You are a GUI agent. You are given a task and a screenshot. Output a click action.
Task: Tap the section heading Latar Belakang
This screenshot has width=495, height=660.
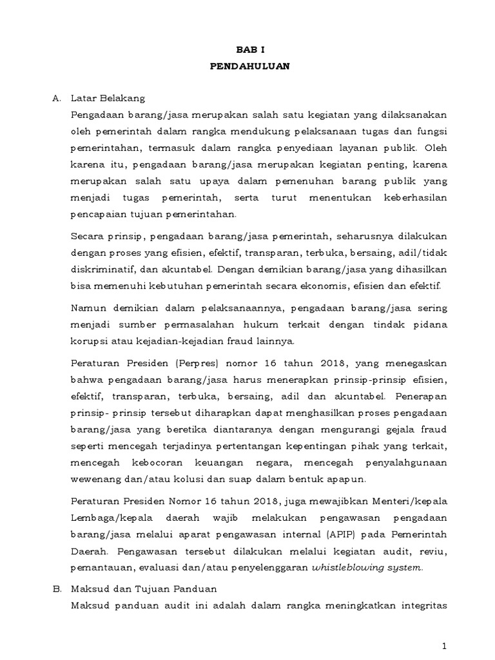coord(108,99)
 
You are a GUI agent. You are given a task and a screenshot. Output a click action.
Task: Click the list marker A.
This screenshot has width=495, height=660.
coord(56,99)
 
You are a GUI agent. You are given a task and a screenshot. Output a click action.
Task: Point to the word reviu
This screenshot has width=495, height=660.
coord(432,551)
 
